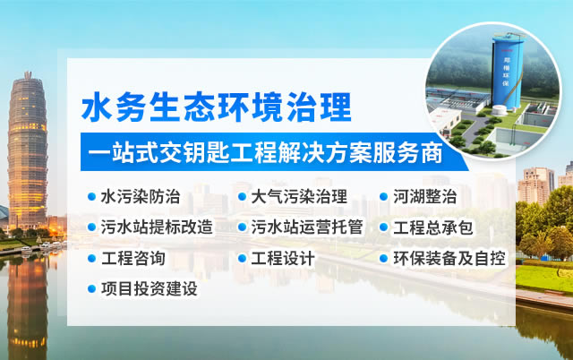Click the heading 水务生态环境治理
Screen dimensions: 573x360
coord(216,107)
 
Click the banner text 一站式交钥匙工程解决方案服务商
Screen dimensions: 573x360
coord(265,152)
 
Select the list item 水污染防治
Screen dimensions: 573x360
coord(141,197)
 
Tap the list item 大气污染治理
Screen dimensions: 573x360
coord(299,197)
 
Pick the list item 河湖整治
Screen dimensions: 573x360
coord(424,197)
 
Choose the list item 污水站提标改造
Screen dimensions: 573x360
coord(157,227)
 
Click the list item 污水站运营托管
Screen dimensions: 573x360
coord(307,227)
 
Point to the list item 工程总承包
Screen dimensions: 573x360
coord(433,227)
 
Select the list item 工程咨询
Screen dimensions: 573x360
coord(133,258)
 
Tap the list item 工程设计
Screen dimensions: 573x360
coord(283,258)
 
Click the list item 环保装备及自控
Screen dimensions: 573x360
coord(449,258)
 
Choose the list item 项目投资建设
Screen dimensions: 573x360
coord(150,288)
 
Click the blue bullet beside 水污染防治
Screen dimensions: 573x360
coord(91,197)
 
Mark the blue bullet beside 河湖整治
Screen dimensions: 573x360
coord(383,197)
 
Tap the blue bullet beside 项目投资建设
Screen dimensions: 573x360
coord(91,288)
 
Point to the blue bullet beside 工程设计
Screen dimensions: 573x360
coord(242,258)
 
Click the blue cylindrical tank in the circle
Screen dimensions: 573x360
coord(507,72)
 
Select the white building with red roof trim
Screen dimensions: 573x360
coord(444,120)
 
